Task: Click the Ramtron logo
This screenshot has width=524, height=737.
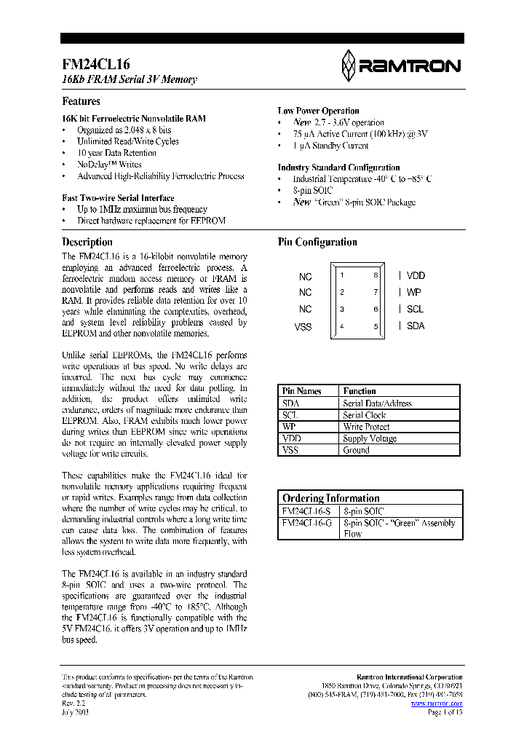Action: point(400,66)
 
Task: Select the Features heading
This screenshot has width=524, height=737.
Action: point(81,101)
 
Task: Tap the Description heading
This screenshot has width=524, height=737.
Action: point(87,242)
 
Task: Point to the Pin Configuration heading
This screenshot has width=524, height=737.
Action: point(317,242)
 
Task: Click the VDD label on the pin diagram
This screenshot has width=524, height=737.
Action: point(416,275)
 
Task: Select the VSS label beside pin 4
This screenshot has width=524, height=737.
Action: point(303,327)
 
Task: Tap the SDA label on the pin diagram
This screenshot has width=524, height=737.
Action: point(416,326)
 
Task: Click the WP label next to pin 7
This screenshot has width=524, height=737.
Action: point(413,292)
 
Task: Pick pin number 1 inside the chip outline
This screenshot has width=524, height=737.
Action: point(342,275)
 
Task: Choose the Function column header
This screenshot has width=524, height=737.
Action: point(360,391)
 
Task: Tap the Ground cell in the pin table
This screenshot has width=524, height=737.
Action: point(356,450)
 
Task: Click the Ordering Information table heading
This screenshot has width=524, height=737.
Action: point(330,498)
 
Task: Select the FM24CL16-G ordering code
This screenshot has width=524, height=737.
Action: point(306,523)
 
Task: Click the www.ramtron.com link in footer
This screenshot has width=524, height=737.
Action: point(441,703)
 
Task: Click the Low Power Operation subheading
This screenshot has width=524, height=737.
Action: point(318,111)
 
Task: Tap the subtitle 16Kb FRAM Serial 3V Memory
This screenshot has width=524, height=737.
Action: point(129,79)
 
